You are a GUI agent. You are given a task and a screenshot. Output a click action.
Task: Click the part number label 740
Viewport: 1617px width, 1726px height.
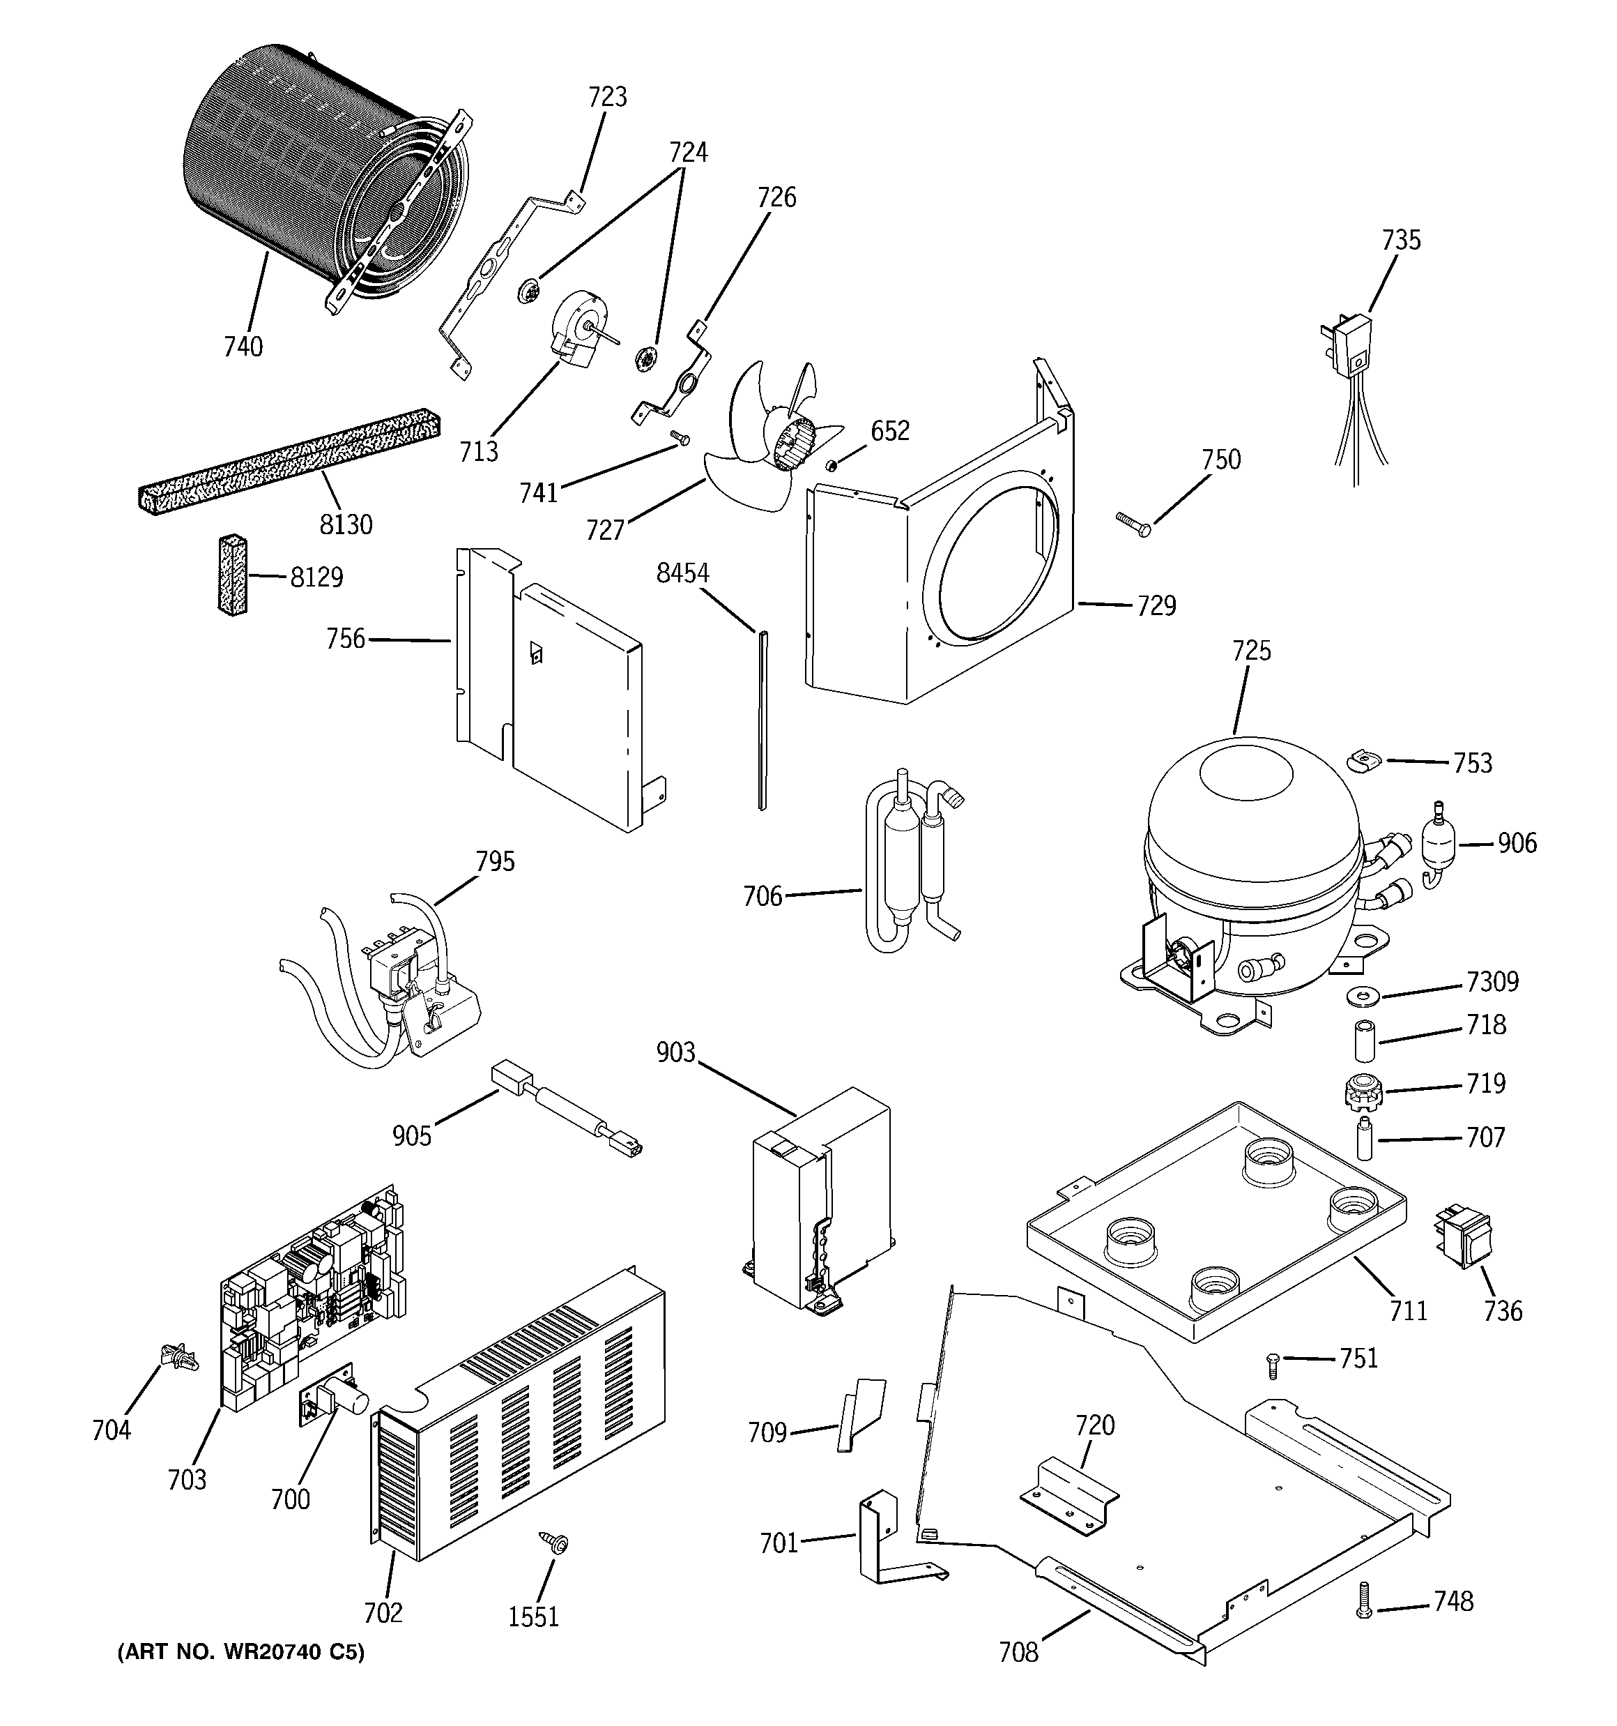[x=243, y=347]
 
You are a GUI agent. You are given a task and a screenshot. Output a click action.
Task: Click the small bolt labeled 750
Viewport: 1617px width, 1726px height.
[x=1133, y=522]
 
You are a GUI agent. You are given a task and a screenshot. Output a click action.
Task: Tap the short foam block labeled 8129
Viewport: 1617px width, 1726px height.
[x=231, y=575]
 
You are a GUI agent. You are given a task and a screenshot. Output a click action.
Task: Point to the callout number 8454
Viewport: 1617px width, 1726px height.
[x=682, y=573]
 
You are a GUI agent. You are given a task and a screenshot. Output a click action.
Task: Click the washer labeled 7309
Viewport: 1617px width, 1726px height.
[x=1358, y=993]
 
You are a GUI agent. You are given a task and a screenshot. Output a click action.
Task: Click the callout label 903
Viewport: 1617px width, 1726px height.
[x=675, y=1052]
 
